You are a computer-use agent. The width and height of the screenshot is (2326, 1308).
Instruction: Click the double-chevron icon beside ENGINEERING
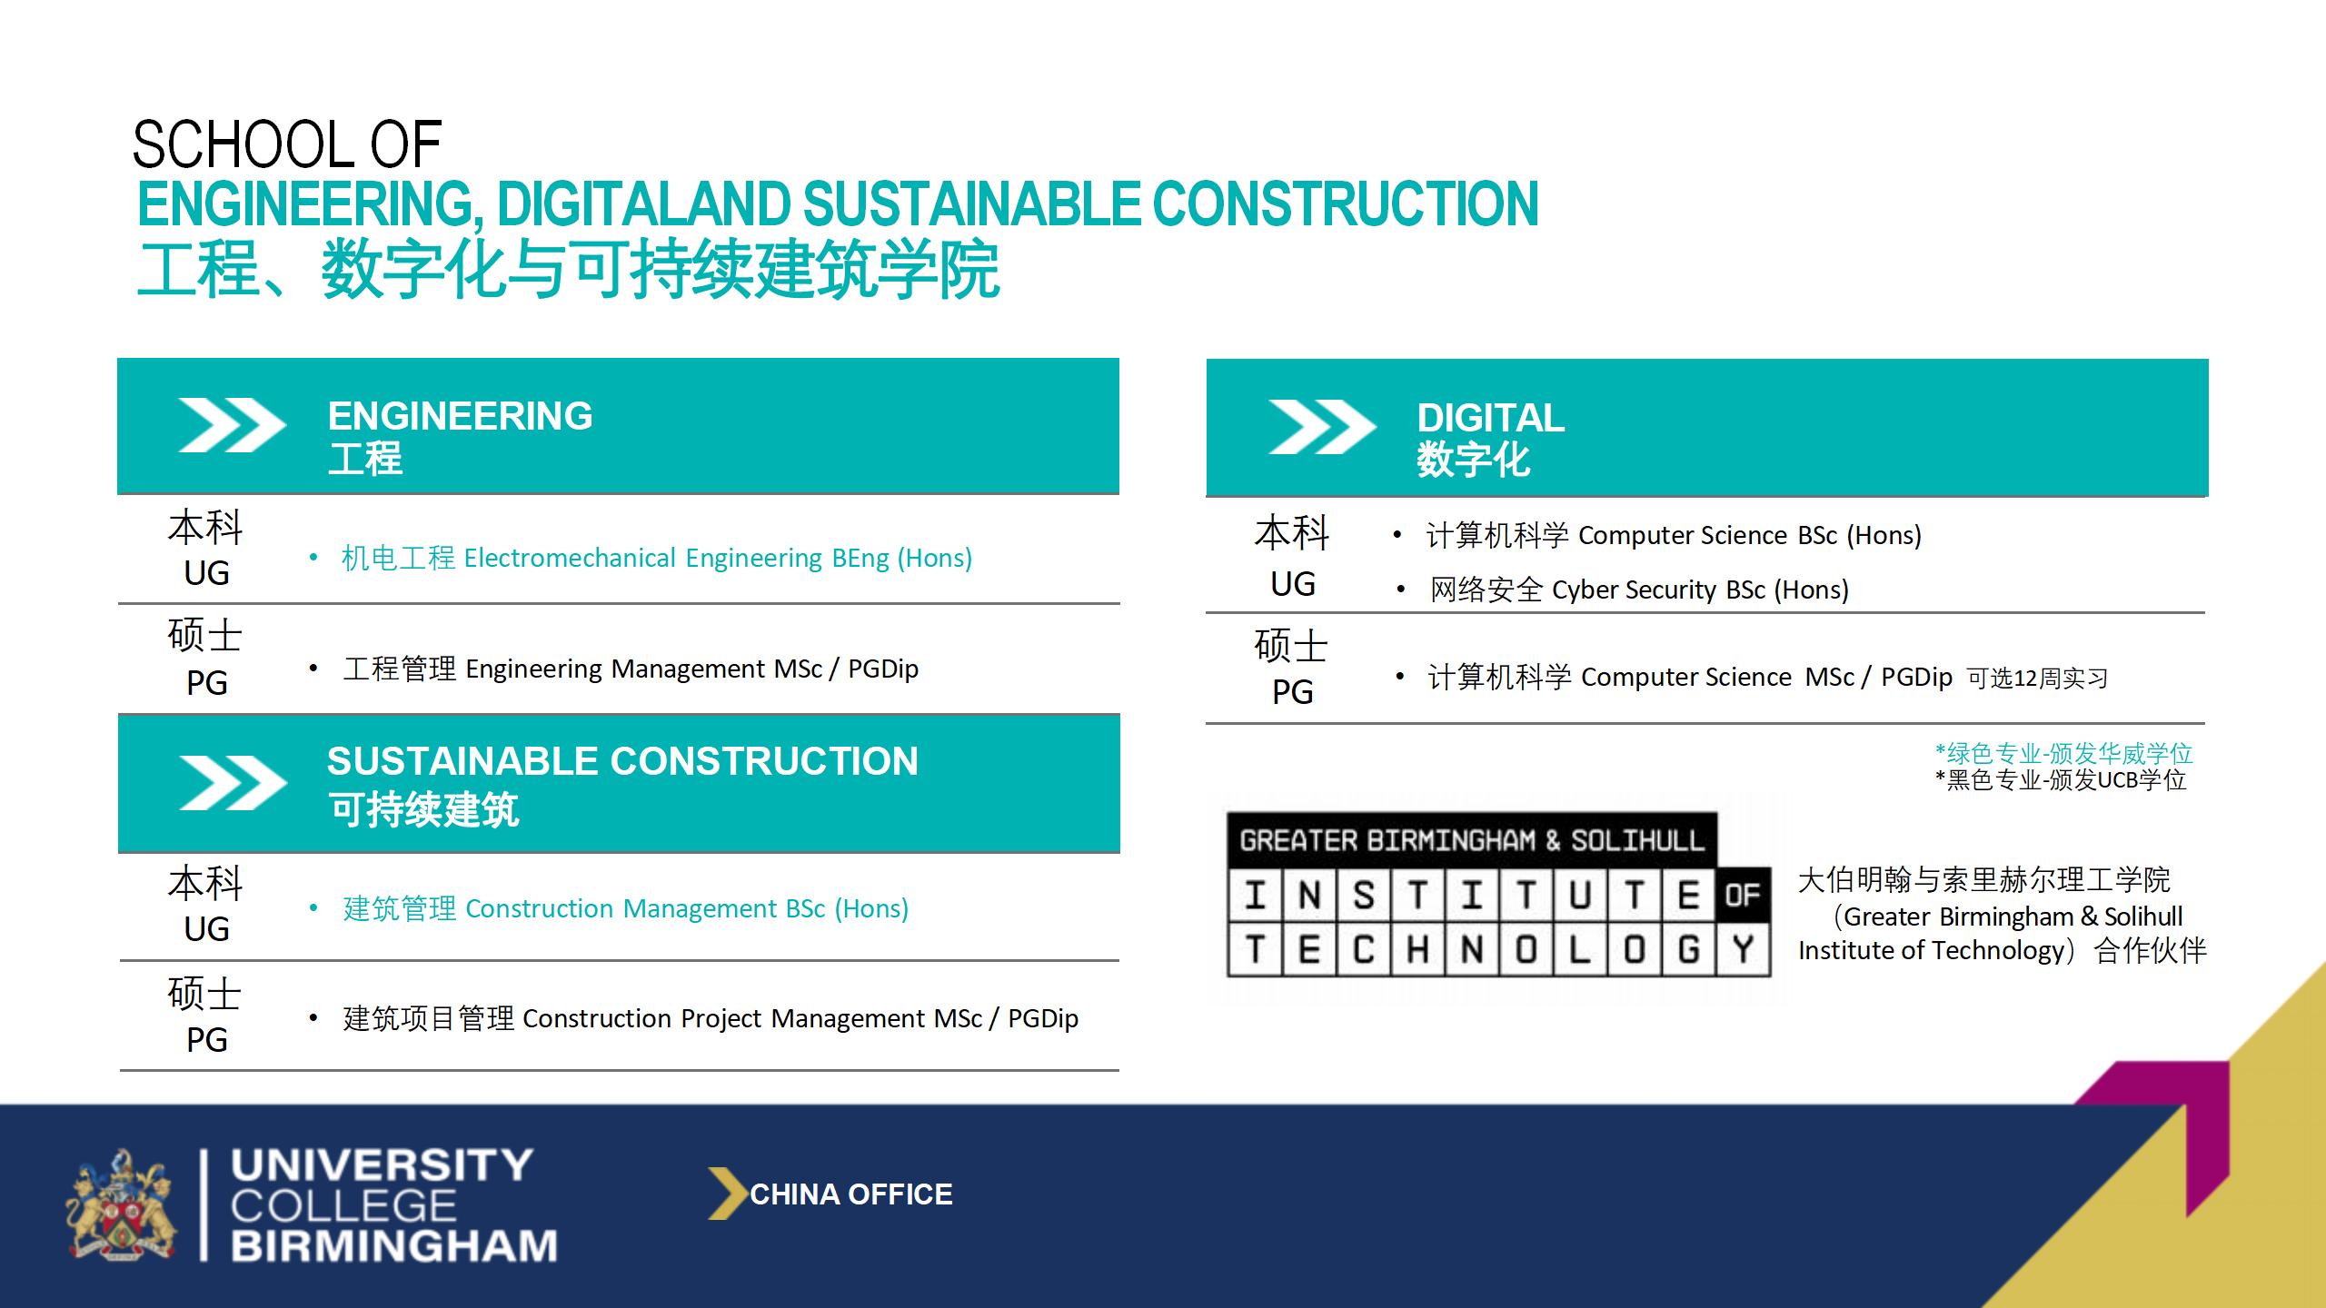click(233, 425)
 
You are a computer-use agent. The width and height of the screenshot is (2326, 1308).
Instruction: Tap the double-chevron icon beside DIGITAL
click(1322, 427)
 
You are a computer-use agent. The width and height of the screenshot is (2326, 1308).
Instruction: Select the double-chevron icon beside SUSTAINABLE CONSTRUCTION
click(234, 782)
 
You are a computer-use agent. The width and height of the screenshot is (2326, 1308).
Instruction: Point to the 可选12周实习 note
click(2037, 679)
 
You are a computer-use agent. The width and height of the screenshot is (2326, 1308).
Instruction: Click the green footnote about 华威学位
click(2063, 753)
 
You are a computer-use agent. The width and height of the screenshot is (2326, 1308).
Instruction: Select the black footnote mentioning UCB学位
click(2061, 779)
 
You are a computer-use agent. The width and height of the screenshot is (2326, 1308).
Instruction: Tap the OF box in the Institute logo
click(1743, 896)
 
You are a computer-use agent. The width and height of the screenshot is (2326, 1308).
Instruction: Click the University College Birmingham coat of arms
click(121, 1204)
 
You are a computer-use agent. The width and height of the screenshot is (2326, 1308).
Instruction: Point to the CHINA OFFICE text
click(851, 1194)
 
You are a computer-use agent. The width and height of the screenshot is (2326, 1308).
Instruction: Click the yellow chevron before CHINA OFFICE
click(727, 1193)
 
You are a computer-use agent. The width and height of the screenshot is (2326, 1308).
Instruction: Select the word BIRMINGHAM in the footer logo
click(394, 1245)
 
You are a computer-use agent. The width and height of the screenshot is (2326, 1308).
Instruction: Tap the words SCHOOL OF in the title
click(287, 144)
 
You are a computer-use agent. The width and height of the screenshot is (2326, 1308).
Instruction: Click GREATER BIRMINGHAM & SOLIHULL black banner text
click(1472, 840)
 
